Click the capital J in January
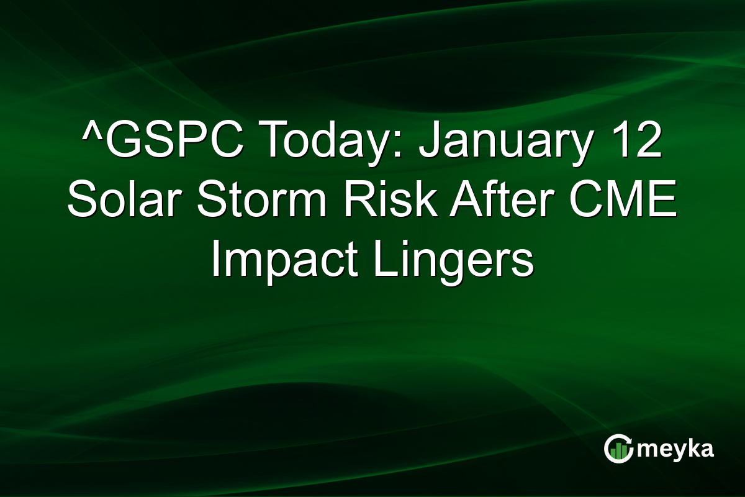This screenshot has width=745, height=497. click(428, 142)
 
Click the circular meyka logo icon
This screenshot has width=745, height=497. click(617, 449)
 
